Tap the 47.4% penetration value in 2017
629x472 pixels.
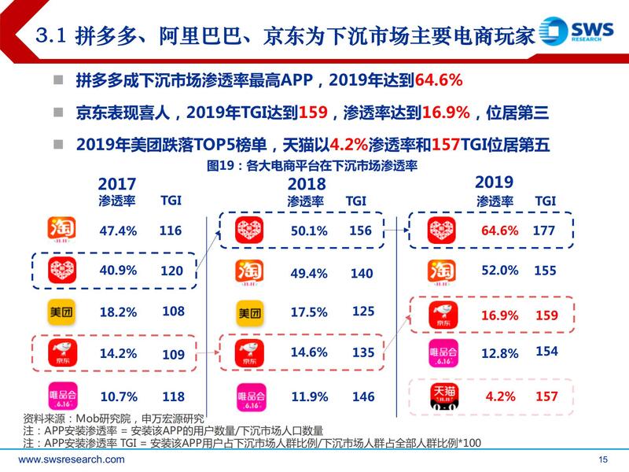click(x=119, y=230)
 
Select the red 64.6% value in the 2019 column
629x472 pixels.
click(x=499, y=230)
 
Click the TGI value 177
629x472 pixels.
click(x=544, y=230)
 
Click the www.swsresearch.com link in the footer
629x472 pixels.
click(x=72, y=459)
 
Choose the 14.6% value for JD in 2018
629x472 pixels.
click(x=309, y=353)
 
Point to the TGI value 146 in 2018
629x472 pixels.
click(x=363, y=397)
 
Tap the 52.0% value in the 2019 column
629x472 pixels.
click(x=499, y=270)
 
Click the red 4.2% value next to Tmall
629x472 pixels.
click(x=500, y=396)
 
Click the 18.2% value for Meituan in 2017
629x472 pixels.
click(x=119, y=312)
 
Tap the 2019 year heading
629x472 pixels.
click(x=494, y=182)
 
